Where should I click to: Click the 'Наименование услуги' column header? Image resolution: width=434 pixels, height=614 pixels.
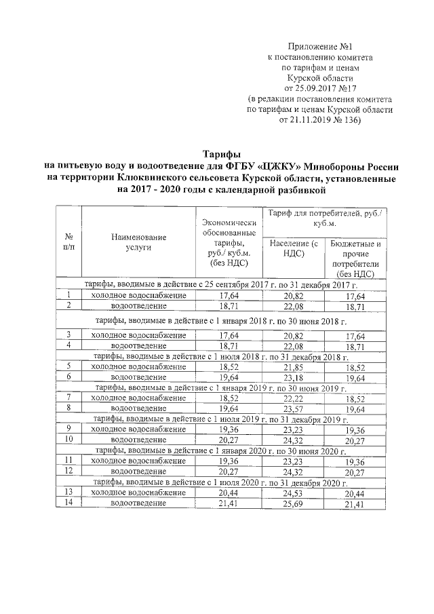click(139, 242)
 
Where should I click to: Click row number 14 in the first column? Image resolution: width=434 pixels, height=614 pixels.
click(68, 503)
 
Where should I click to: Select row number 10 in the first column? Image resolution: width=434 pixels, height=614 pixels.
click(68, 439)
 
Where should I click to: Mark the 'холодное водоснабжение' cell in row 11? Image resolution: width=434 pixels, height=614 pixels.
click(139, 461)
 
